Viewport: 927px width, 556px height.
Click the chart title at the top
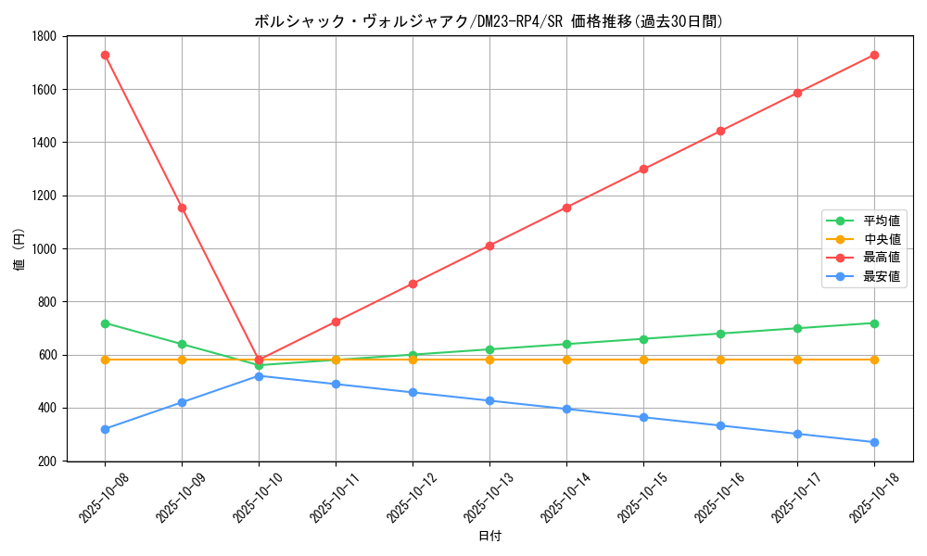pos(489,21)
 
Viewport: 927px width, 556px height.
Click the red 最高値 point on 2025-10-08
pos(105,56)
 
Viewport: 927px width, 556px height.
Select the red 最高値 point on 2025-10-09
pos(182,208)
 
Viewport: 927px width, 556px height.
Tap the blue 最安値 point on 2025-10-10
pos(259,376)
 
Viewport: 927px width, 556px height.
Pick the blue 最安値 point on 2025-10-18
pos(874,442)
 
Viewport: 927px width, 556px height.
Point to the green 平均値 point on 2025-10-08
pos(105,323)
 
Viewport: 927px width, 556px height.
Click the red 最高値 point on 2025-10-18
pos(874,56)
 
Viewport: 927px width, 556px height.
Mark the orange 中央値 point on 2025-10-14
pos(566,360)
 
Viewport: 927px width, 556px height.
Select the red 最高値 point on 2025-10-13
pos(489,246)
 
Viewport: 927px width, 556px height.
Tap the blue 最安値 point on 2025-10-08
pos(105,429)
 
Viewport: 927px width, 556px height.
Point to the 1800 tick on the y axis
pos(43,36)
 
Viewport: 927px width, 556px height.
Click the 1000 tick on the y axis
pos(43,249)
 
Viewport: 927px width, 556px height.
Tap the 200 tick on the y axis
pos(46,461)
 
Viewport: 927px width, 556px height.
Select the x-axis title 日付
pos(489,537)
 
